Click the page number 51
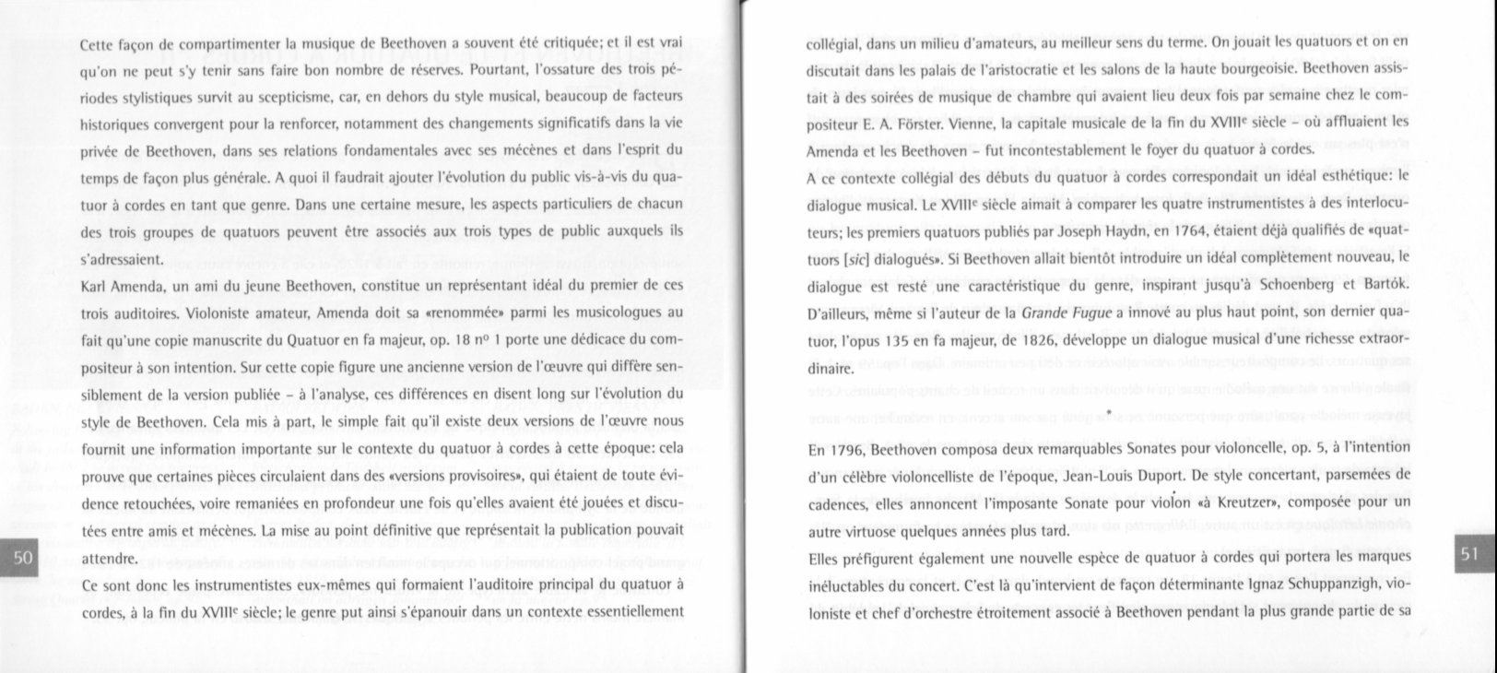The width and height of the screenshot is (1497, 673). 1469,553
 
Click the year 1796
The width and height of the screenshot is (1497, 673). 846,449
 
